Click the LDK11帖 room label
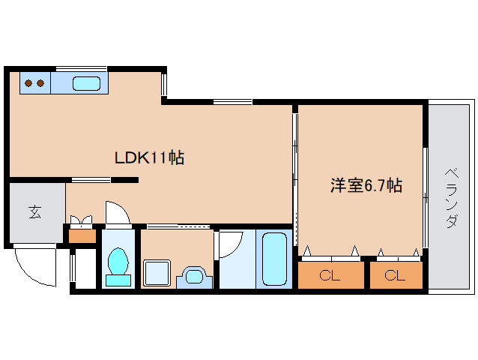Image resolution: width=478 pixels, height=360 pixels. [149, 158]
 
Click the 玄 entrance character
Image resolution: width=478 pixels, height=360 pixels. [35, 212]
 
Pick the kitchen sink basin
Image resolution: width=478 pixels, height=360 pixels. [87, 83]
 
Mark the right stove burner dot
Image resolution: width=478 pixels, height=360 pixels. [40, 82]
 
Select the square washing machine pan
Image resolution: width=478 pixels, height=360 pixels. [157, 272]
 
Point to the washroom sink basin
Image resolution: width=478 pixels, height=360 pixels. [194, 276]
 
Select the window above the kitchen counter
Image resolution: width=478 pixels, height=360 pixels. [81, 68]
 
